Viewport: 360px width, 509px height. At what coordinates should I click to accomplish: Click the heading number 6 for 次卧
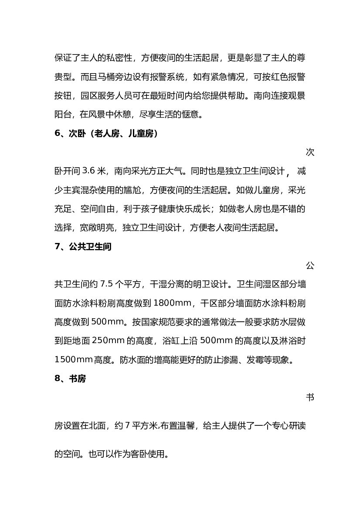pos(57,134)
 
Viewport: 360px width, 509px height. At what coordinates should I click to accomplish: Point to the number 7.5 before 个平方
pos(107,285)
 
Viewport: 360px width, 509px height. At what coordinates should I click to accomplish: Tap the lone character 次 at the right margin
pos(310,152)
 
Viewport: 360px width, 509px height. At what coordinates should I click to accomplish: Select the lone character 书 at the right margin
pos(310,398)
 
